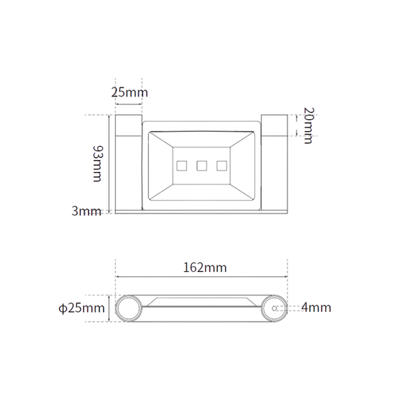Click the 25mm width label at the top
click(130, 92)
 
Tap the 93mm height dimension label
click(98, 164)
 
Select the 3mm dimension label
click(86, 211)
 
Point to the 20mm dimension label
click(308, 125)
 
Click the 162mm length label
click(205, 268)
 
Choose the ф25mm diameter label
click(82, 308)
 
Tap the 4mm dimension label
click(316, 308)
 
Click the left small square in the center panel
click(182, 166)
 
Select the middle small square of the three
click(202, 166)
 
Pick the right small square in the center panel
click(222, 166)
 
